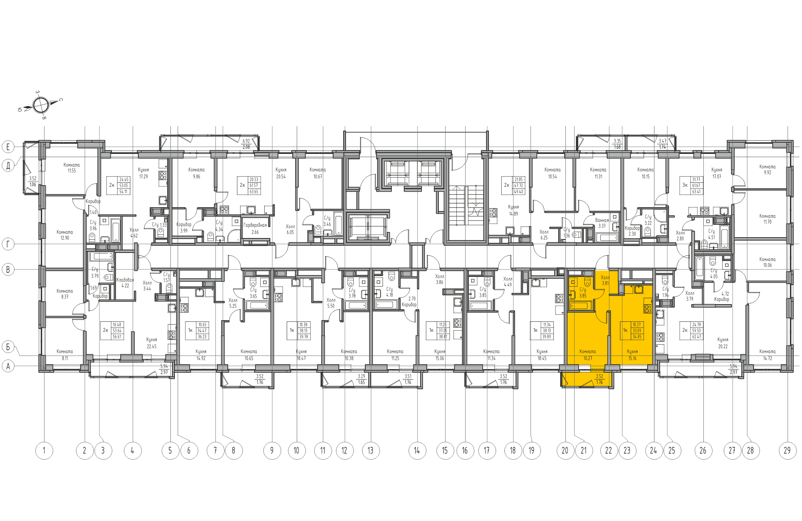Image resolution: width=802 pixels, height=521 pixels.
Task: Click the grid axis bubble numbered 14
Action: (x=417, y=450)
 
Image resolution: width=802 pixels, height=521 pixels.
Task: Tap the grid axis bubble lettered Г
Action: (x=8, y=244)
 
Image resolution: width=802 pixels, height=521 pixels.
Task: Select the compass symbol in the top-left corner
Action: (x=41, y=105)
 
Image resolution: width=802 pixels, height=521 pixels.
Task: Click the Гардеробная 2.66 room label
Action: (x=255, y=228)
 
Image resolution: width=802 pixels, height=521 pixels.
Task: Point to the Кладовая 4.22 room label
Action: (x=125, y=283)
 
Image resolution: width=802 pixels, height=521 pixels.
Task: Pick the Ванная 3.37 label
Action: (x=602, y=223)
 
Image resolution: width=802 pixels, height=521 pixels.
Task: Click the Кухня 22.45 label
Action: (x=152, y=343)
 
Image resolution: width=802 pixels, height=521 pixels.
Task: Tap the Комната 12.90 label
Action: (x=65, y=235)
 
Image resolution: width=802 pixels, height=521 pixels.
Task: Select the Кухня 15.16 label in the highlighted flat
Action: (x=632, y=355)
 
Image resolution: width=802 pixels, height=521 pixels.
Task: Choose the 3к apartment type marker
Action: (x=685, y=185)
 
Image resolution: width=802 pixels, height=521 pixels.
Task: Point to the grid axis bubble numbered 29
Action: (x=787, y=450)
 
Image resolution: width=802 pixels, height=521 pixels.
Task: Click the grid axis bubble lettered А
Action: (x=8, y=366)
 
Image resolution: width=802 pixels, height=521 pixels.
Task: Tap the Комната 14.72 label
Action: (x=767, y=355)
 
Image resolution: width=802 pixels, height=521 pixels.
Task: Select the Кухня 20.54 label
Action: (x=281, y=173)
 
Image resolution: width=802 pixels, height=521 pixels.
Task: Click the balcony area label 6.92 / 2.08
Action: (x=246, y=144)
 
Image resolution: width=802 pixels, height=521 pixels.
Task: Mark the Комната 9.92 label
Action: (x=767, y=170)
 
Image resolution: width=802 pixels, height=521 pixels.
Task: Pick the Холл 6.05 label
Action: (x=290, y=229)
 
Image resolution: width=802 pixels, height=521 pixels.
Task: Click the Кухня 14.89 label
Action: (x=513, y=210)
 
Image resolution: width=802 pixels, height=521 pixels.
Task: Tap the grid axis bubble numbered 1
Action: (x=44, y=450)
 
